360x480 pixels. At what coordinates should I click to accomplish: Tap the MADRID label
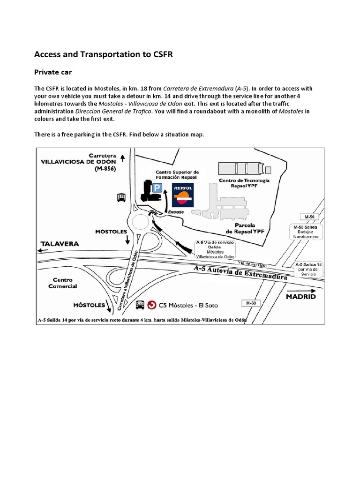pyautogui.click(x=300, y=297)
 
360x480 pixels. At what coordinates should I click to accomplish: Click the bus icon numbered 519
pyautogui.click(x=121, y=197)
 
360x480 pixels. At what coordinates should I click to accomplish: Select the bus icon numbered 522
pyautogui.click(x=140, y=305)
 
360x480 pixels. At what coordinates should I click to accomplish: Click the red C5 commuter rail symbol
pyautogui.click(x=152, y=305)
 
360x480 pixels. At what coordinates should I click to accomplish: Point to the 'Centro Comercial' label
pyautogui.click(x=65, y=282)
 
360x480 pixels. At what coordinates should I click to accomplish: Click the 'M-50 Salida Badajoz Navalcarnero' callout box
pyautogui.click(x=306, y=232)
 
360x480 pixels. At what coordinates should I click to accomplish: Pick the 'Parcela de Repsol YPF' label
pyautogui.click(x=243, y=228)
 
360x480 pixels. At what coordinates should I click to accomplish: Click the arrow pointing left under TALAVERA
pyautogui.click(x=44, y=251)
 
